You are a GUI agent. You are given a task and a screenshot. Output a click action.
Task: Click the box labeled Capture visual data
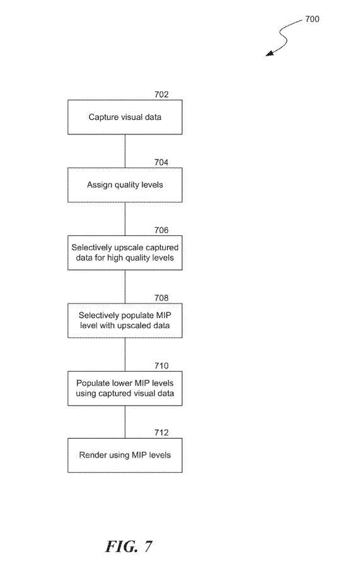[125, 117]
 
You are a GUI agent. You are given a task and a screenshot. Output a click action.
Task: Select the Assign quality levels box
[125, 185]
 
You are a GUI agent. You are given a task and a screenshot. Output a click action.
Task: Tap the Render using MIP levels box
[125, 455]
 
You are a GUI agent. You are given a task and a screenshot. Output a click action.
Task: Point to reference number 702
[161, 95]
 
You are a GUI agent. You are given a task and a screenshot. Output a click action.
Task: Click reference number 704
[161, 162]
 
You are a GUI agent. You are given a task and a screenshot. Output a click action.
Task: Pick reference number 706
[161, 230]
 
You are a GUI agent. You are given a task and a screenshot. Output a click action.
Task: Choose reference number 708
[161, 298]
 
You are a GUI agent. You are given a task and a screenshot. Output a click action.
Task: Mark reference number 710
[161, 366]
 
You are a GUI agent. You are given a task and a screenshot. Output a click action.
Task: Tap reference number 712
[161, 432]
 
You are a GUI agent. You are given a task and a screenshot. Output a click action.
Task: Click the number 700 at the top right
[312, 19]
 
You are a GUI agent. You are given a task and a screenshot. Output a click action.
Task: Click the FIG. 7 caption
[129, 546]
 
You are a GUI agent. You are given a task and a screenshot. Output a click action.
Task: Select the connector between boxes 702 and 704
[125, 151]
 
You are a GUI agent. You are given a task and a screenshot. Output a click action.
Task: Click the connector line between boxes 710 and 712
[125, 422]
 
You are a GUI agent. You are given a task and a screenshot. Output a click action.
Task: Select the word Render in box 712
[90, 455]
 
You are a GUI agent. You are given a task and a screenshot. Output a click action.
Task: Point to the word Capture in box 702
[102, 117]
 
